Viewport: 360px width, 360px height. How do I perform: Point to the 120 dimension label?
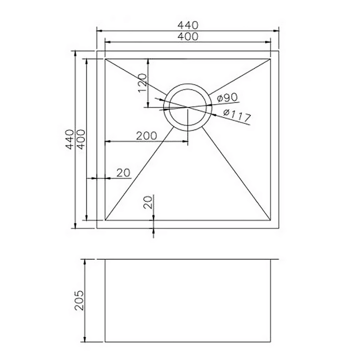tap(142, 83)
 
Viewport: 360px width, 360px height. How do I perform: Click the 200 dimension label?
tap(146, 135)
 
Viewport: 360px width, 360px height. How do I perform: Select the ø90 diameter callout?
tap(226, 98)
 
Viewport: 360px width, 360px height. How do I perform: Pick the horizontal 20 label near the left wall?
tap(123, 173)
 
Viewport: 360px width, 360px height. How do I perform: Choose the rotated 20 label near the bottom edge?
tap(148, 202)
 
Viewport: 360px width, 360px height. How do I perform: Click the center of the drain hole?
tap(187, 107)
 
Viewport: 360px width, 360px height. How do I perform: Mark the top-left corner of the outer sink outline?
tap(96, 50)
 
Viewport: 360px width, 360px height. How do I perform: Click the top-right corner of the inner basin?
tap(270, 58)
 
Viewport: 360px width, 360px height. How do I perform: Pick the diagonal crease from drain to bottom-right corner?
tap(237, 174)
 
